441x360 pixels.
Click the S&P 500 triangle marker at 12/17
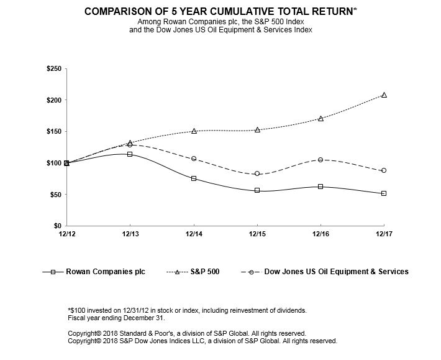[x=384, y=95]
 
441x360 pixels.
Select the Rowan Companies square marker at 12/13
[x=130, y=154]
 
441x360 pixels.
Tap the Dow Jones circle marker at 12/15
[x=257, y=173]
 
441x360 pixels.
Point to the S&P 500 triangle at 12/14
[x=194, y=131]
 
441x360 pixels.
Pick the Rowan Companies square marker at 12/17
[x=384, y=193]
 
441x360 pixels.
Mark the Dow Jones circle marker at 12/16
[x=321, y=160]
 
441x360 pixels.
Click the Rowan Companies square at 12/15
[x=257, y=190]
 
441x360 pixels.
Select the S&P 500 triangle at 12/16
[x=321, y=118]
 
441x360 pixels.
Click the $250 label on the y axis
[x=53, y=68]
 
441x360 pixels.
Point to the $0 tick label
[x=57, y=226]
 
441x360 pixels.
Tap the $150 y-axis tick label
[x=53, y=131]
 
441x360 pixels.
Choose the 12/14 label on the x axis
[x=194, y=234]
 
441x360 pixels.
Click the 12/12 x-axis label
[x=66, y=234]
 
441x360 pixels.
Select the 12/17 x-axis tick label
[x=384, y=234]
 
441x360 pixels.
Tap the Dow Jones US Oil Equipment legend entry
[x=336, y=272]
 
